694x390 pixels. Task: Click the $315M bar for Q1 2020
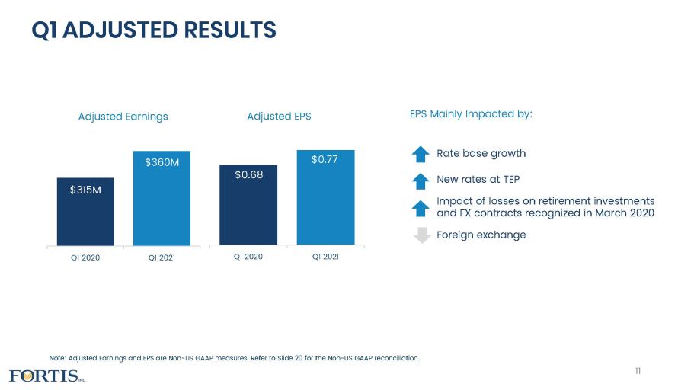point(85,211)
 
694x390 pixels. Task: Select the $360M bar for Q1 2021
point(162,198)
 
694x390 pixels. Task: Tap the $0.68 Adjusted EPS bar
point(248,204)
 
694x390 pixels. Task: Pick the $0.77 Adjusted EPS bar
point(325,197)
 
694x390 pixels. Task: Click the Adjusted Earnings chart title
point(123,117)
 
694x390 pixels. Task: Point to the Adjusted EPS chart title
point(279,117)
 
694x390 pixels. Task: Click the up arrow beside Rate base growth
point(421,154)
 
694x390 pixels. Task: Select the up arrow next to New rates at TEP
point(421,181)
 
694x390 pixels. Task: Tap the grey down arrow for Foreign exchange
point(421,235)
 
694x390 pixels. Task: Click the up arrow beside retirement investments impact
point(421,207)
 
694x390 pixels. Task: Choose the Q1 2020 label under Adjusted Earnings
point(85,257)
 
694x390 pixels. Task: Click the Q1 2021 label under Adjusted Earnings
point(162,257)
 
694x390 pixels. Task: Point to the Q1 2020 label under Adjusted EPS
point(248,256)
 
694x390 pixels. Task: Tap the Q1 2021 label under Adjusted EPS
point(325,256)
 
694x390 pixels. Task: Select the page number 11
point(638,370)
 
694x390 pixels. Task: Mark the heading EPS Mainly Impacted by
point(471,114)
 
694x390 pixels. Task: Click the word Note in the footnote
point(57,357)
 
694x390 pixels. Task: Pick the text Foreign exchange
point(481,235)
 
